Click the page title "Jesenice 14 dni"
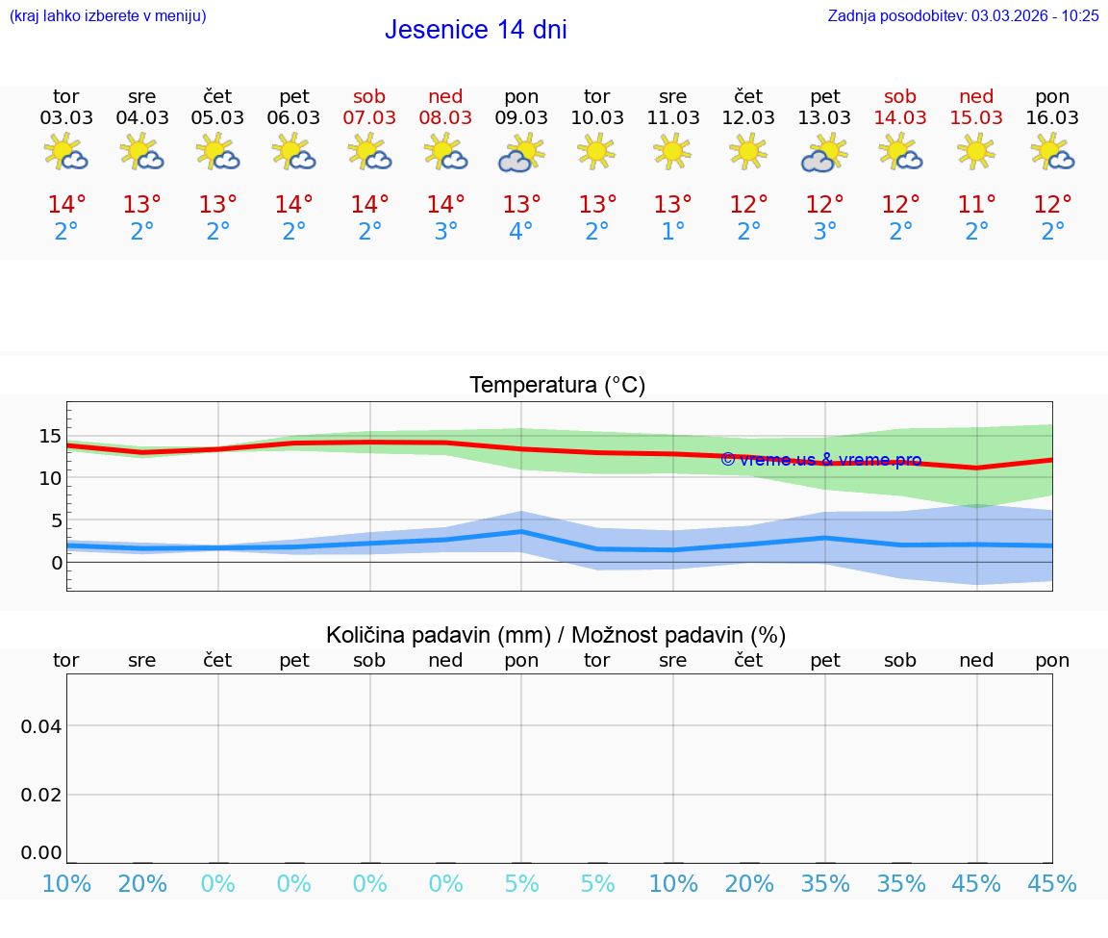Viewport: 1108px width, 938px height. pos(475,30)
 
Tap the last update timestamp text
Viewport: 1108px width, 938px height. pos(963,15)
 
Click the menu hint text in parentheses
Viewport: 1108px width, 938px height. pos(108,15)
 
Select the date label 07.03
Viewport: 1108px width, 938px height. pos(369,117)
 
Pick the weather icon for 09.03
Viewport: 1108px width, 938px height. pos(521,153)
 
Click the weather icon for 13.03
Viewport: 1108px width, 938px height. pos(824,153)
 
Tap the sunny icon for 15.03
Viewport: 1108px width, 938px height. pos(976,151)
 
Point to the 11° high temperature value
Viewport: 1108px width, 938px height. pos(976,205)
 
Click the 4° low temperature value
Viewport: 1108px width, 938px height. pos(521,232)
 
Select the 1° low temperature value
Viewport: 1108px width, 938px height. pos(672,232)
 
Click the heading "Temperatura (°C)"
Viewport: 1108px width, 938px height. pos(557,386)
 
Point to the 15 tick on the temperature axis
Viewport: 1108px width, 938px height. pos(50,436)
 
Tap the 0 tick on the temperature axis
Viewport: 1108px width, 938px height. pos(57,563)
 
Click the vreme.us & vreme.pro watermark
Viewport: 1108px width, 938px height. pos(820,460)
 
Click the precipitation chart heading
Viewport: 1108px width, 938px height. pos(556,635)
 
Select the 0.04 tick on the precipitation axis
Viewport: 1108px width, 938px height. pos(42,725)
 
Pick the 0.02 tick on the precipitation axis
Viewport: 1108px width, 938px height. pos(42,795)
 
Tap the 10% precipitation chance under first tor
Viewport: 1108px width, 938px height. pos(66,884)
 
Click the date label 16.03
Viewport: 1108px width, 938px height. pos(1052,117)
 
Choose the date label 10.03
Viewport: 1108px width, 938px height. pos(596,117)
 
